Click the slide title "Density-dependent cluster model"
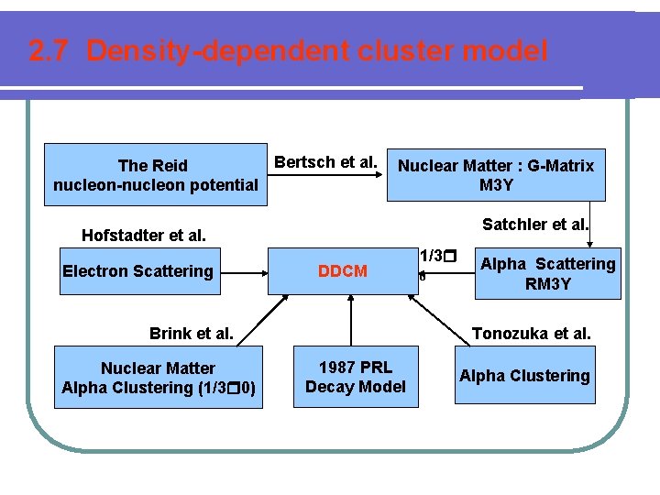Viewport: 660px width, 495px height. point(317,51)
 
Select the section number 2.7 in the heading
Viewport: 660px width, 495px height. point(49,51)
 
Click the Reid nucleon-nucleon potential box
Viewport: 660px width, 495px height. point(155,175)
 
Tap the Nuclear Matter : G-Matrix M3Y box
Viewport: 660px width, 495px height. point(496,175)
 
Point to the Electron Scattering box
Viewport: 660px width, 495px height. point(137,270)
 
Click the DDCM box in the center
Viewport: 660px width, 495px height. point(342,270)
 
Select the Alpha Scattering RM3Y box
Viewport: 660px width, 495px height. point(548,273)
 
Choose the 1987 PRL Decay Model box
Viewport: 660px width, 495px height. point(355,377)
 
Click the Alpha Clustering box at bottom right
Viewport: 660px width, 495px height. point(524,376)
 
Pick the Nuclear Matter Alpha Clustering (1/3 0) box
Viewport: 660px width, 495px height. point(159,377)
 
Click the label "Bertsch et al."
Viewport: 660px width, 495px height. point(326,162)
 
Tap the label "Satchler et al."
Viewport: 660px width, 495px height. point(536,225)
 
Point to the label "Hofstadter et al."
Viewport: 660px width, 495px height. point(144,236)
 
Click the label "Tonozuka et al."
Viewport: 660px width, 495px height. point(531,334)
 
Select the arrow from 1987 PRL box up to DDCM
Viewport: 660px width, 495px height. point(350,321)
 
